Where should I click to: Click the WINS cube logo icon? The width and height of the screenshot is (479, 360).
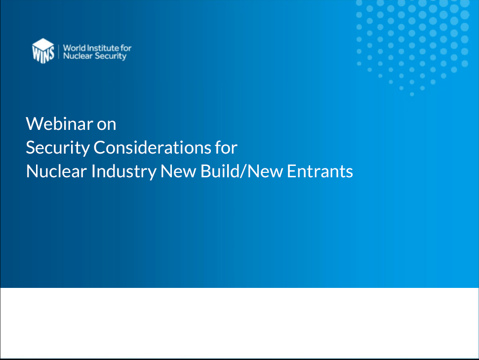coord(43,51)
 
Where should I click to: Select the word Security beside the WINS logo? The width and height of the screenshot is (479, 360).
coord(110,56)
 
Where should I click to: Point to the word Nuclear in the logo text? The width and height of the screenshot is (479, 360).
coord(78,56)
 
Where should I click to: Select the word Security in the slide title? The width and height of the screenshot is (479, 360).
coord(58,148)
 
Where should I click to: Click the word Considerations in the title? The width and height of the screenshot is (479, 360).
coord(152,148)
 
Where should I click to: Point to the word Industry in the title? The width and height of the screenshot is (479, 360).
coord(124,172)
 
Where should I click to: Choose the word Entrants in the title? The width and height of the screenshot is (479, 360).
coord(320,171)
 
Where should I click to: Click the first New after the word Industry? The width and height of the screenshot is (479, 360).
coord(178,171)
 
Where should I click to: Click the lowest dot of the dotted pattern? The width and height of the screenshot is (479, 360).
coord(412,94)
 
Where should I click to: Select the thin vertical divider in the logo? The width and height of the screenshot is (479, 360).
coord(59,51)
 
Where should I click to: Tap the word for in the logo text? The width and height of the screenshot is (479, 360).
coord(126,48)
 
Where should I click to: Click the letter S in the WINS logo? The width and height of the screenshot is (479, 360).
coord(51,53)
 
